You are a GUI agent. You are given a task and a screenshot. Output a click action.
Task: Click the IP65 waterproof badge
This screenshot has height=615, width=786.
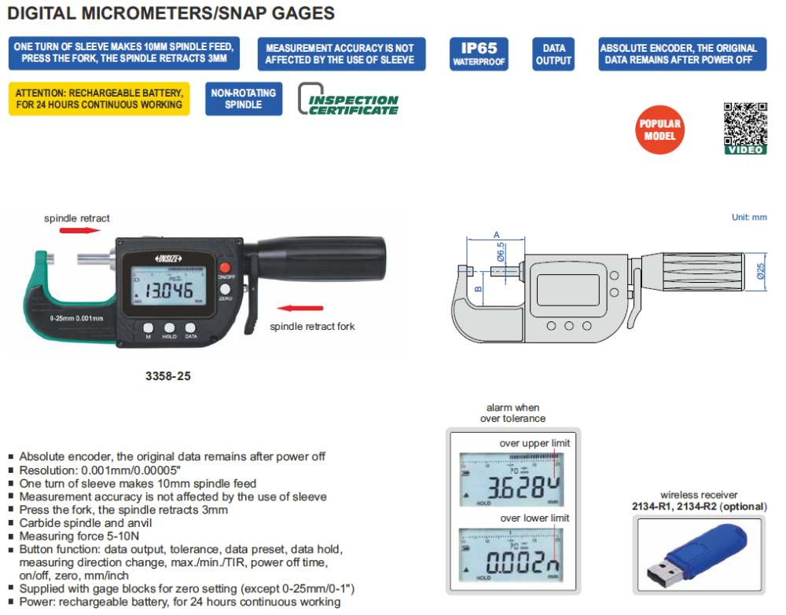[x=479, y=54]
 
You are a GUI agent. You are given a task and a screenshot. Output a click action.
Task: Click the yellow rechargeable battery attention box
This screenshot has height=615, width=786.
[x=99, y=98]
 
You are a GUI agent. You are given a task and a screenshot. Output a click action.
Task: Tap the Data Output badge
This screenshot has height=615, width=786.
[x=553, y=54]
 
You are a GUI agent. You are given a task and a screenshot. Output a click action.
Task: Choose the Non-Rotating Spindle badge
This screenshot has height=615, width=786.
[x=244, y=98]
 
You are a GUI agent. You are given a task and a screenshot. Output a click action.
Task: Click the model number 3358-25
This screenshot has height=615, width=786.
[x=168, y=376]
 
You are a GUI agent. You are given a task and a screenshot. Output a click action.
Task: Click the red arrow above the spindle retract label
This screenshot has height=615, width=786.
[x=81, y=231]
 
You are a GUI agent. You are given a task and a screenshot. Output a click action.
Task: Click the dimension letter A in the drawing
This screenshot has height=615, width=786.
[x=496, y=234]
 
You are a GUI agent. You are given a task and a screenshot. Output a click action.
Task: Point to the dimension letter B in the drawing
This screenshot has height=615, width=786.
[x=477, y=289]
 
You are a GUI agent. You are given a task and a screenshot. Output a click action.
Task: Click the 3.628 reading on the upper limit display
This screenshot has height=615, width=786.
[x=515, y=487]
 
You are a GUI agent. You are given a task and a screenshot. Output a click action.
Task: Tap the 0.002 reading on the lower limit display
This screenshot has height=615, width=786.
[x=515, y=562]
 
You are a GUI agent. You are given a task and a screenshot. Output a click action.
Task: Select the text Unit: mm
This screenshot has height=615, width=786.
[x=748, y=217]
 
